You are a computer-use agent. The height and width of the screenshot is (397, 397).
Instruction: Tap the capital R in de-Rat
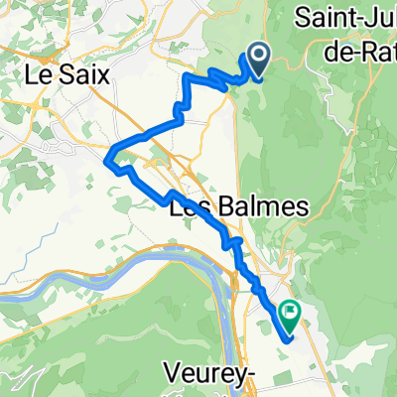point(363,45)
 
